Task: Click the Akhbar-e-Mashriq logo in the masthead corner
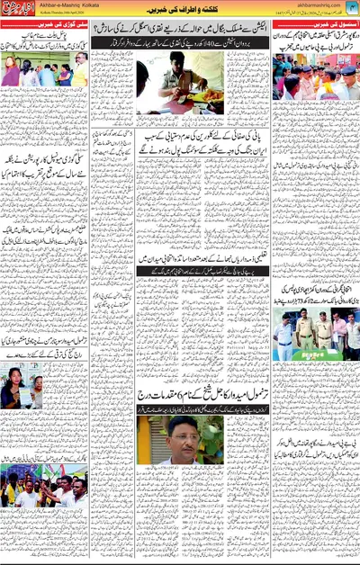click(20, 12)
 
